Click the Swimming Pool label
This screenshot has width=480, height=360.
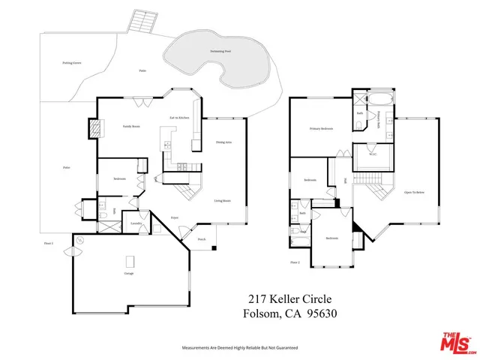pyautogui.click(x=215, y=49)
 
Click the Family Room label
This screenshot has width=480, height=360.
pyautogui.click(x=131, y=127)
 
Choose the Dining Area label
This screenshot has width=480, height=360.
pyautogui.click(x=223, y=142)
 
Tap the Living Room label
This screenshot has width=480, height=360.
pyautogui.click(x=221, y=201)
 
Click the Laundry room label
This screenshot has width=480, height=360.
pyautogui.click(x=136, y=223)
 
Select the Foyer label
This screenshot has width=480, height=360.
pyautogui.click(x=174, y=217)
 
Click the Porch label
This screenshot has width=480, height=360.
pyautogui.click(x=201, y=240)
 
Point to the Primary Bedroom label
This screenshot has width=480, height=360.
pyautogui.click(x=321, y=129)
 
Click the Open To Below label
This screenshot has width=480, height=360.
pyautogui.click(x=414, y=193)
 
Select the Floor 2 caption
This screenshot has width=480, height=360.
pyautogui.click(x=295, y=262)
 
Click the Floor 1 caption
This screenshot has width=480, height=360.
pyautogui.click(x=49, y=244)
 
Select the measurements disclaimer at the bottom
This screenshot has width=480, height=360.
pyautogui.click(x=240, y=348)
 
